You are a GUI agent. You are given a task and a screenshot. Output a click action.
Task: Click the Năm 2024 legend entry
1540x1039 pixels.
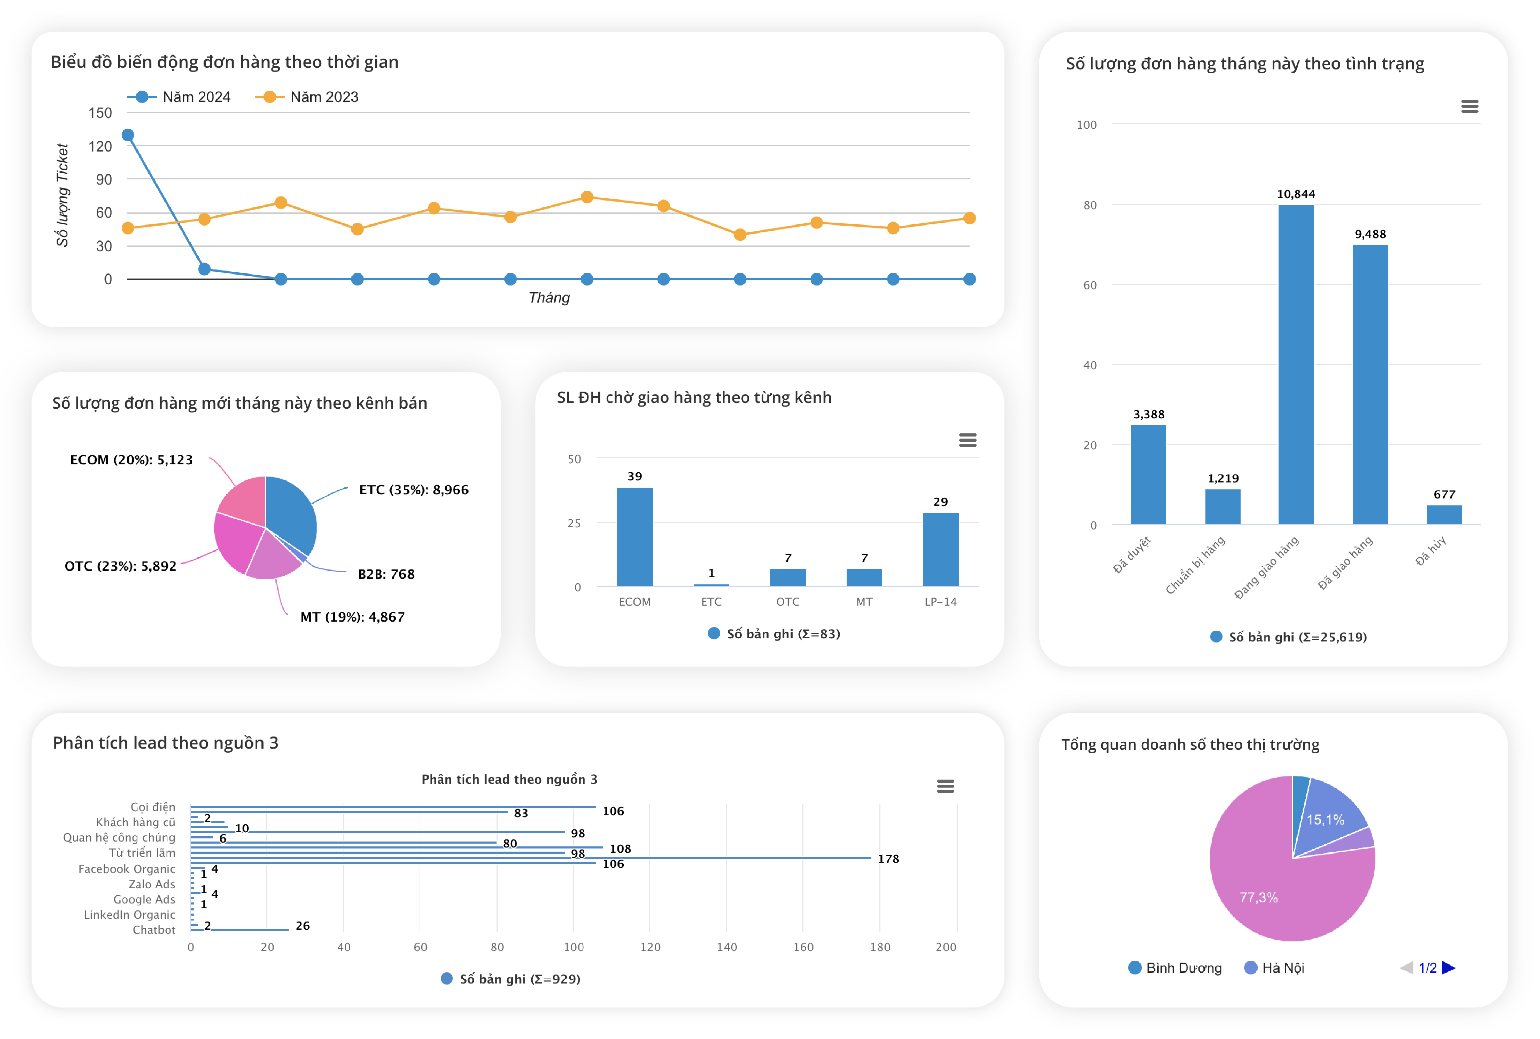click(x=182, y=97)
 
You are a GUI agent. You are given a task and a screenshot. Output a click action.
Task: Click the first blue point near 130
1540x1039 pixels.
click(x=128, y=135)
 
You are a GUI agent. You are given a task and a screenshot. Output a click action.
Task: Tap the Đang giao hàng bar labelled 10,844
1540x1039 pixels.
click(x=1296, y=364)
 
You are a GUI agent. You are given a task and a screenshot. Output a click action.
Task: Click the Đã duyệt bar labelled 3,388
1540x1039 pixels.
click(x=1148, y=474)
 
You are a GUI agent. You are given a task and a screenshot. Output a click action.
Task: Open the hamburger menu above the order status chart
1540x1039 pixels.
click(x=1469, y=107)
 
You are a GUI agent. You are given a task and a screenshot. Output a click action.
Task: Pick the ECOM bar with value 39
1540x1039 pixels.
click(x=634, y=536)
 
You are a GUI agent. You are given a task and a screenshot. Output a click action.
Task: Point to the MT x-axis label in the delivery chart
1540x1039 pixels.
click(x=864, y=601)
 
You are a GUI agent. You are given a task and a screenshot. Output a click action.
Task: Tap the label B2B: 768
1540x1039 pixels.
click(x=386, y=574)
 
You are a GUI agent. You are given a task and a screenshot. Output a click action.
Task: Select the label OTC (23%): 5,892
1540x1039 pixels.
click(x=121, y=566)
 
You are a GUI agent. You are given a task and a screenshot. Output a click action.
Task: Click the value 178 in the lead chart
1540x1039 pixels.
click(x=888, y=859)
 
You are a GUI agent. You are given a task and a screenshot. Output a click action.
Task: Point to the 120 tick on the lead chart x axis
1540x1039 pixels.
click(x=650, y=947)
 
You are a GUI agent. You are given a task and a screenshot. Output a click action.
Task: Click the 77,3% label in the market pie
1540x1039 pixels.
click(x=1258, y=897)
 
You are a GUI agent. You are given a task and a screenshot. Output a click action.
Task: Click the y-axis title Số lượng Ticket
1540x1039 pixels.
click(x=62, y=195)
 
